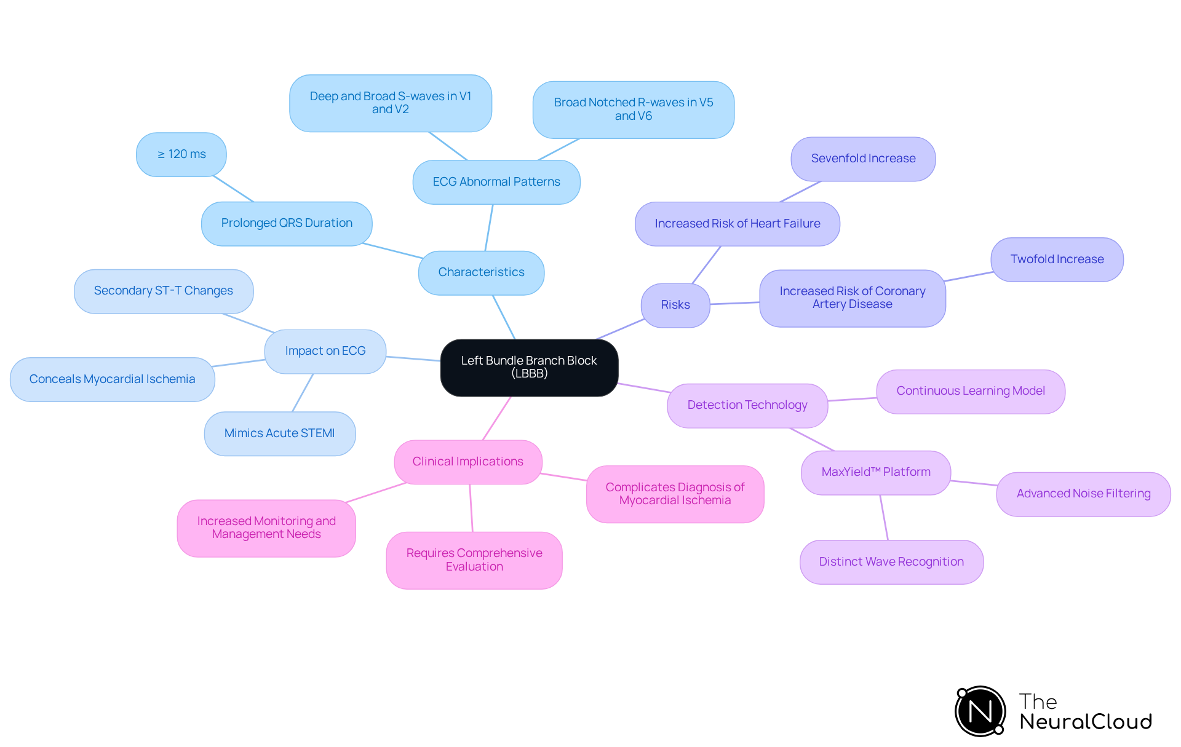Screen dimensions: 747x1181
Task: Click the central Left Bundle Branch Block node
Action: tap(529, 367)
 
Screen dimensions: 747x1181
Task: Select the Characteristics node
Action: tap(481, 272)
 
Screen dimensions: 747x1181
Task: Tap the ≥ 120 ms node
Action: tap(181, 154)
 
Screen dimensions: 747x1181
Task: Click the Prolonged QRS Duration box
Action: tap(287, 223)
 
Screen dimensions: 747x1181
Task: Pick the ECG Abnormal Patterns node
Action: tap(496, 182)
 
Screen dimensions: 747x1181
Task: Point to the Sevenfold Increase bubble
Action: tap(863, 159)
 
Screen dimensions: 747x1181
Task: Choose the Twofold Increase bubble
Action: tap(1057, 259)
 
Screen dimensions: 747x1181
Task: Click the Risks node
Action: tap(675, 305)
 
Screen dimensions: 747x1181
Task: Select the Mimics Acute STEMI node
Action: tap(280, 433)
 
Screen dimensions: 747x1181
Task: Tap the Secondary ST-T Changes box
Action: tap(164, 291)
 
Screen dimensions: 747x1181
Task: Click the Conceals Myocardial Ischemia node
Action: tap(113, 379)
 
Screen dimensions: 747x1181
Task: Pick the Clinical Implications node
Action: tap(468, 462)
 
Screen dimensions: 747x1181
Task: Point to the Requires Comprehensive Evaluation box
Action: tap(474, 560)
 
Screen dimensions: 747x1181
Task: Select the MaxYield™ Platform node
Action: tap(876, 472)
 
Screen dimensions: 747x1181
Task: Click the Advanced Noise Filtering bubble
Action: tap(1083, 494)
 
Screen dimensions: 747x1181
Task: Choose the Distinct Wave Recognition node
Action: tap(891, 562)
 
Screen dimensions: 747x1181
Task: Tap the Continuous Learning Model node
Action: tap(971, 391)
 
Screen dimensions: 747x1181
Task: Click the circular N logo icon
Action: tap(980, 711)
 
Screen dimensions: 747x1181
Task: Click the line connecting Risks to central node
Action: tap(620, 329)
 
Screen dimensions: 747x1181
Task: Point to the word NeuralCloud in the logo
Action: tap(1086, 722)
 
